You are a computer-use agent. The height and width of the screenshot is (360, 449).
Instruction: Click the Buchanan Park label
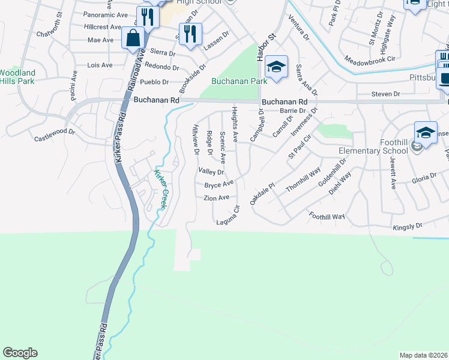pos(239,81)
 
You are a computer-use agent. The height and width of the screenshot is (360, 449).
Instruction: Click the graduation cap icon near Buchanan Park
pos(276,67)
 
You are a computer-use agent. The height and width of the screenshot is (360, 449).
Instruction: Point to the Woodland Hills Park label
pos(17,77)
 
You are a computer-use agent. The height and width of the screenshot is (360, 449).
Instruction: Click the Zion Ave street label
pos(216,197)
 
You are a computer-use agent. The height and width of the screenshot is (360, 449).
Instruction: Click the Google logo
pos(20,353)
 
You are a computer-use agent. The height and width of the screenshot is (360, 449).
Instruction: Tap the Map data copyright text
pos(423,355)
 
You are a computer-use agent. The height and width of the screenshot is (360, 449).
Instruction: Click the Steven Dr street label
pos(385,94)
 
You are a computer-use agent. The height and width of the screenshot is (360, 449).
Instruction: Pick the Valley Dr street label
pos(211,172)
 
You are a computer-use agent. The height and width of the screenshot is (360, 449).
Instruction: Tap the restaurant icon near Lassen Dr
pos(190,34)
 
